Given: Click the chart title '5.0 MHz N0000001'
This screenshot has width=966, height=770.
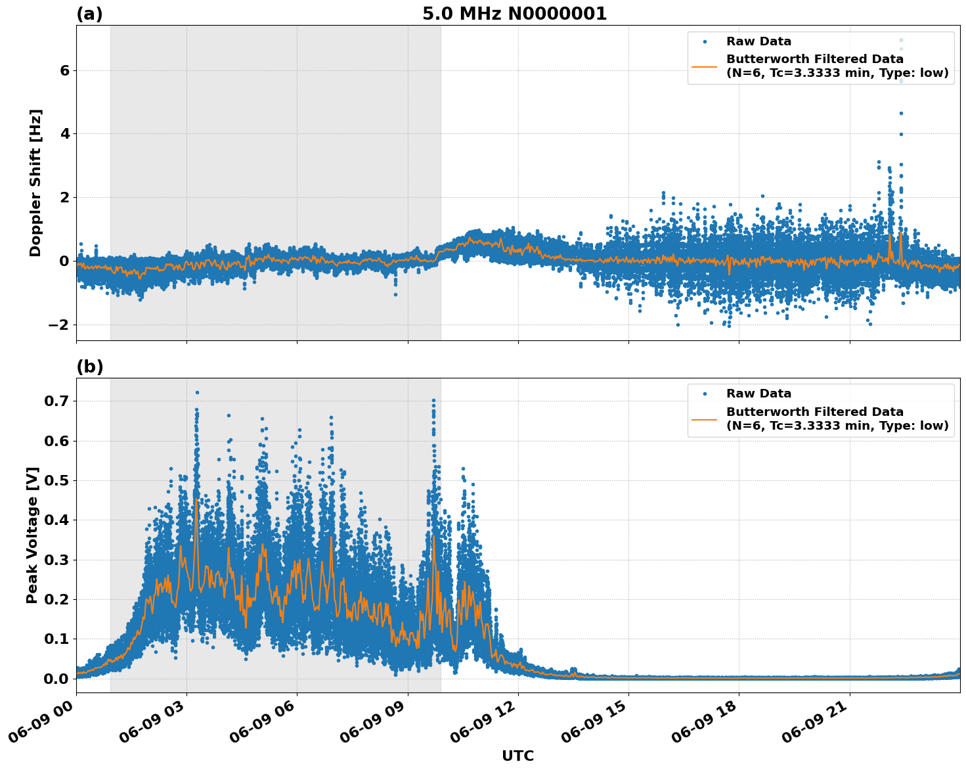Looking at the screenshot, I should [x=514, y=14].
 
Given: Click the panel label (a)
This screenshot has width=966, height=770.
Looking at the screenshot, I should [x=89, y=14].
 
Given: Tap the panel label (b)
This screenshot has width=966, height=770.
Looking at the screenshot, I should [x=89, y=367].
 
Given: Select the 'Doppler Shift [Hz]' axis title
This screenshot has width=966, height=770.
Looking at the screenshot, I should [x=35, y=183].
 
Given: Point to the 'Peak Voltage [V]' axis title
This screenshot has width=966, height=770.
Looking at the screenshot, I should [x=33, y=535].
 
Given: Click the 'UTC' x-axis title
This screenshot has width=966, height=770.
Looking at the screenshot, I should [x=517, y=756].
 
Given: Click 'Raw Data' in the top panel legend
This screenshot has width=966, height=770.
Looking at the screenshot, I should [x=758, y=41].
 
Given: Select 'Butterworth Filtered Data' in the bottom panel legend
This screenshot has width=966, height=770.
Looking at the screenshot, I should [x=814, y=412].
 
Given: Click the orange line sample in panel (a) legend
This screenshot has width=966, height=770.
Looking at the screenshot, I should [x=704, y=66].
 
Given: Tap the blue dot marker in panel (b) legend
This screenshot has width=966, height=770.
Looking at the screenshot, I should [x=704, y=394].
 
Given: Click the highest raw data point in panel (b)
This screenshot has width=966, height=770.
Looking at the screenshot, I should [x=197, y=392].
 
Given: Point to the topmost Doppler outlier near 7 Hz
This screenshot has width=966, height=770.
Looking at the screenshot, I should [x=901, y=40].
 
